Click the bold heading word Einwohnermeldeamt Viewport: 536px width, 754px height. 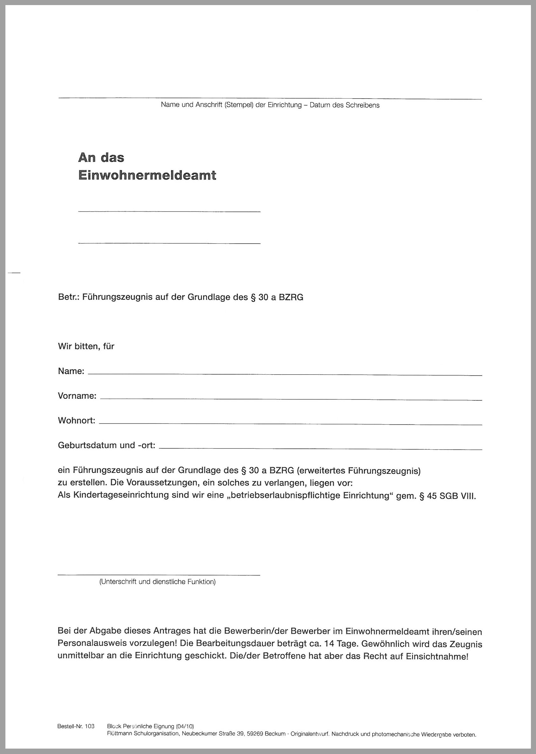pyautogui.click(x=147, y=175)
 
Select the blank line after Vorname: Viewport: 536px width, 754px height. pyautogui.click(x=291, y=399)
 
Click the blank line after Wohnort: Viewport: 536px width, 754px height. pyautogui.click(x=290, y=424)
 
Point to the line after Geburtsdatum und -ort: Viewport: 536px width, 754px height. pyautogui.click(x=320, y=449)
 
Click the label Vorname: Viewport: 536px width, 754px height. pyautogui.click(x=77, y=396)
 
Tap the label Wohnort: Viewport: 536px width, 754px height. pyautogui.click(x=77, y=421)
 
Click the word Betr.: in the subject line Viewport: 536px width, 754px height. pyautogui.click(x=68, y=297)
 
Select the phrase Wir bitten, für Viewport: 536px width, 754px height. pyautogui.click(x=86, y=347)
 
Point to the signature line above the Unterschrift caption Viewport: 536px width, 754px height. pyautogui.click(x=159, y=575)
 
